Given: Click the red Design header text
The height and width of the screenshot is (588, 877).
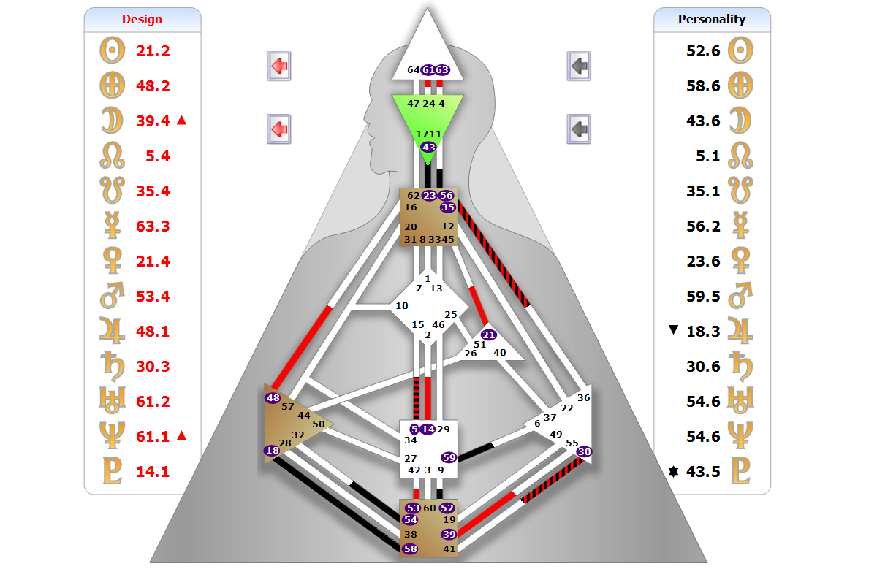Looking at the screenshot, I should pyautogui.click(x=142, y=19).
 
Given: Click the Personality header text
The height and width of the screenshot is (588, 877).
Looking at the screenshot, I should pyautogui.click(x=711, y=19).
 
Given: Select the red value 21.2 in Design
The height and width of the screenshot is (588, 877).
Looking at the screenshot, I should pyautogui.click(x=153, y=51).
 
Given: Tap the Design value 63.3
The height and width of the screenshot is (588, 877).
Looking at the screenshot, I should pyautogui.click(x=153, y=226).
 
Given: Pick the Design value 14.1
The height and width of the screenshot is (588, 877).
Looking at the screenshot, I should pyautogui.click(x=153, y=472).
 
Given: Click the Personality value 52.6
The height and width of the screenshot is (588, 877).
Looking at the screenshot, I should pyautogui.click(x=703, y=51).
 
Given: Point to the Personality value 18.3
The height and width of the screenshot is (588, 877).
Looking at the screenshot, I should pyautogui.click(x=703, y=332).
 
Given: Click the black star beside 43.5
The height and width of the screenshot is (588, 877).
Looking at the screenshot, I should pyautogui.click(x=674, y=472).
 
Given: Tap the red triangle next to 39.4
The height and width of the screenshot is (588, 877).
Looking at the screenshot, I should pyautogui.click(x=182, y=121).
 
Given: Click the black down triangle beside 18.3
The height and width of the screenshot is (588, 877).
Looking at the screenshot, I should pyautogui.click(x=674, y=331).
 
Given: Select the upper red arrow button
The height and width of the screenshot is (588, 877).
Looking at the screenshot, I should pyautogui.click(x=278, y=66).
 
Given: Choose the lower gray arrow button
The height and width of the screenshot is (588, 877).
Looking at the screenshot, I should pyautogui.click(x=579, y=129).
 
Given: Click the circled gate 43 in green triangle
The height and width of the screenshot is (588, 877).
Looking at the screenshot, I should pyautogui.click(x=428, y=147).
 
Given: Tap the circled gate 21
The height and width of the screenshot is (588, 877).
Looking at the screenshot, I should pyautogui.click(x=489, y=335).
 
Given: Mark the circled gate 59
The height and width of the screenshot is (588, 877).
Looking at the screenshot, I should pyautogui.click(x=449, y=458).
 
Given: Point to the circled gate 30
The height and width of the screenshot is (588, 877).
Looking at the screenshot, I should pyautogui.click(x=584, y=452).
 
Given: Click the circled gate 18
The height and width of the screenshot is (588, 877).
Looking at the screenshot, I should pyautogui.click(x=272, y=451).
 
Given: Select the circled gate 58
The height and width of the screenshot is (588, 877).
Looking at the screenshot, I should pyautogui.click(x=410, y=549).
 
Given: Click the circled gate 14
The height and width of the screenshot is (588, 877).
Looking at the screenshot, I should pyautogui.click(x=428, y=429).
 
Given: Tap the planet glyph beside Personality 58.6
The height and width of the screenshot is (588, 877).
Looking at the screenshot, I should pyautogui.click(x=740, y=85).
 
